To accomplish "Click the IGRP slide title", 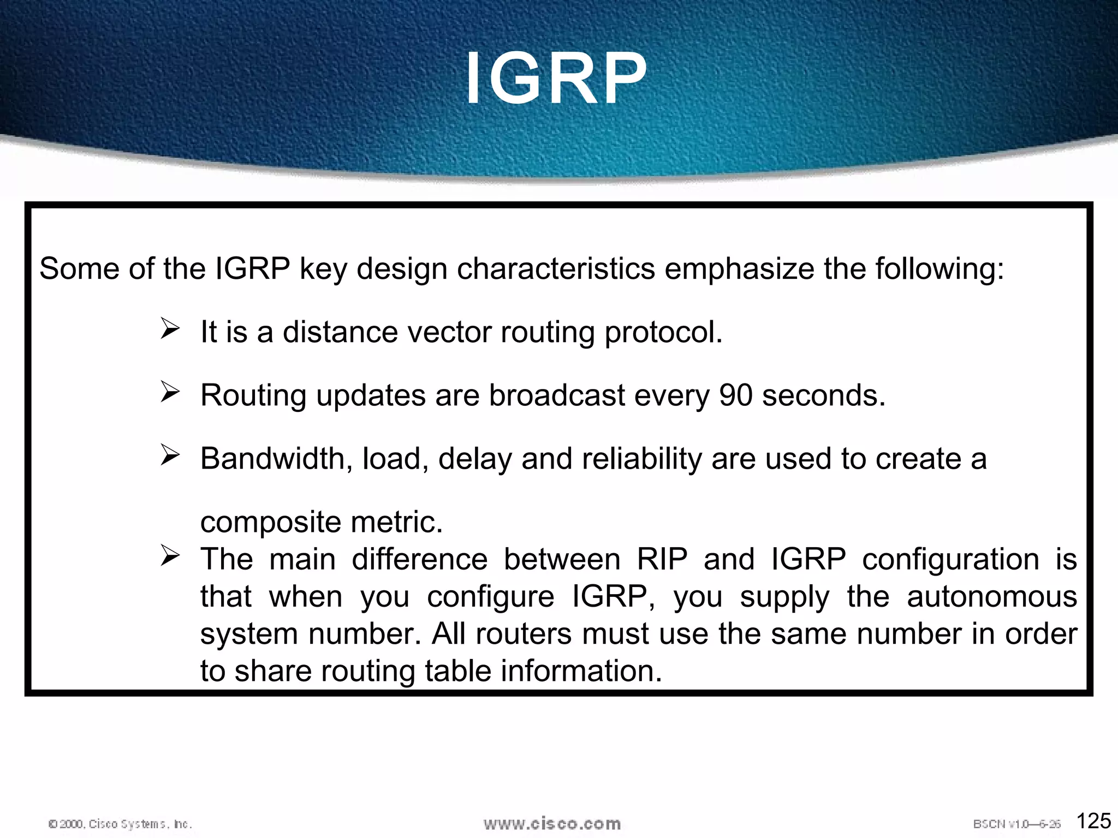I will coord(556,79).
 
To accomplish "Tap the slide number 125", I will coord(1093,821).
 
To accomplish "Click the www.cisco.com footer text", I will coord(552,823).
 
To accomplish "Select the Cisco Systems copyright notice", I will coord(120,824).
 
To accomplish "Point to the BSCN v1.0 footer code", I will coord(1016,824).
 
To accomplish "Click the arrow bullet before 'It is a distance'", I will coord(170,329).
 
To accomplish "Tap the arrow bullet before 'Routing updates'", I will coord(170,392).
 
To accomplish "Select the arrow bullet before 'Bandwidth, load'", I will coord(170,456).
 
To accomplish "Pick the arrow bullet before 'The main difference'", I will coord(170,556).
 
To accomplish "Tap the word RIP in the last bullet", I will coord(662,559).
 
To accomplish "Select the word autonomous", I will coord(991,596).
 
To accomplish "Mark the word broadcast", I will coord(556,395).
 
